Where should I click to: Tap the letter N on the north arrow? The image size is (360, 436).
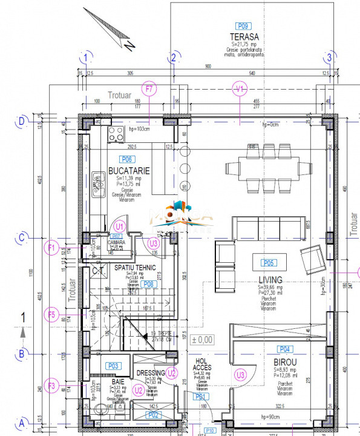128,45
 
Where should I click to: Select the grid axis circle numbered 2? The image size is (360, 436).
174,58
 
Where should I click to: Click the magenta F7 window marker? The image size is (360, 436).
149,89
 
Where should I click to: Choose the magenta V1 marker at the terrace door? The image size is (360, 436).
240,89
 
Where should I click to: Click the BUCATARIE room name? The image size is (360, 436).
128,171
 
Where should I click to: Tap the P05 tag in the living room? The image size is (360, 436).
268,263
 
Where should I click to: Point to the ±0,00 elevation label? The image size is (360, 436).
201,340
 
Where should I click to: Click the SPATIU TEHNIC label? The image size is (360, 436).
135,267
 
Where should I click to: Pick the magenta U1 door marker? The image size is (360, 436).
120,226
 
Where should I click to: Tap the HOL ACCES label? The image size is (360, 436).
201,364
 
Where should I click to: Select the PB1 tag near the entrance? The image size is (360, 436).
201,414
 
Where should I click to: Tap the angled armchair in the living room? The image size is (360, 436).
313,259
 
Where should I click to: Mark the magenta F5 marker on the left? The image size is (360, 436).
52,314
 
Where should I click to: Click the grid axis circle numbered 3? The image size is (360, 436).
330,58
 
